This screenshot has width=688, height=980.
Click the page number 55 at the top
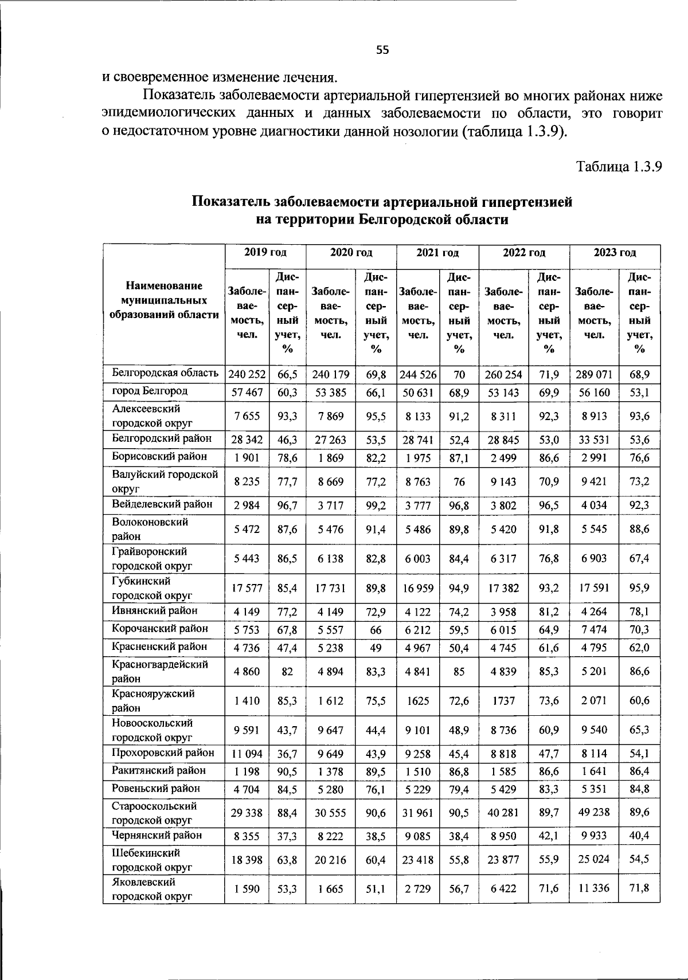tap(382, 50)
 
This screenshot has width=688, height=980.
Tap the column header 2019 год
tap(265, 253)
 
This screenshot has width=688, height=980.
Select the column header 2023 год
tap(615, 253)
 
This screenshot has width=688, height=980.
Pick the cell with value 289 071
tap(594, 375)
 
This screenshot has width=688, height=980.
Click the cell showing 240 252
tap(247, 375)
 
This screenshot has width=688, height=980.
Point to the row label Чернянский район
tap(157, 835)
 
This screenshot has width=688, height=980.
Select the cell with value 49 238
tap(594, 812)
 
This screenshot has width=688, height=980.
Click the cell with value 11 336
tap(594, 888)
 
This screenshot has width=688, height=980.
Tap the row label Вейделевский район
tap(162, 504)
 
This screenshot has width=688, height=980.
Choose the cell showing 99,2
tap(376, 505)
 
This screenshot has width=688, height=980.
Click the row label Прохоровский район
tap(163, 752)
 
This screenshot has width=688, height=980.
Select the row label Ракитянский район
tap(158, 770)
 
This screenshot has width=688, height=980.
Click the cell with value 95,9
tap(639, 587)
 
